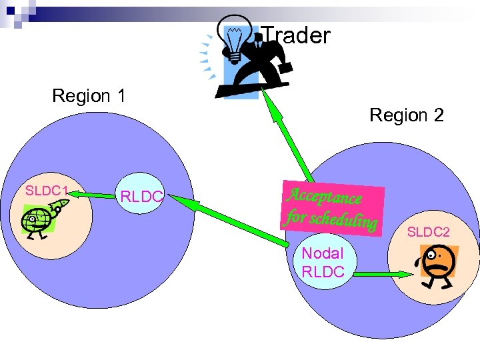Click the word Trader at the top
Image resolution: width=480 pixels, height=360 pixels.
coord(295,35)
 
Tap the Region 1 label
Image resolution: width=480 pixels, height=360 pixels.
coord(89,96)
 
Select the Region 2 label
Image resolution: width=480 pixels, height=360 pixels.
coord(406,115)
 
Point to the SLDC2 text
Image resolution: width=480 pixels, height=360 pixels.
coord(429,232)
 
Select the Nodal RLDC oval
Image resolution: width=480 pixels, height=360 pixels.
coord(323,262)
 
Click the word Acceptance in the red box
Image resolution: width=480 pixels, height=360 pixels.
coord(324,195)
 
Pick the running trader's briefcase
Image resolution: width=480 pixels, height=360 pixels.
coord(284,67)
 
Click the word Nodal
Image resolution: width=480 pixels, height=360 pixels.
coord(323,253)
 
